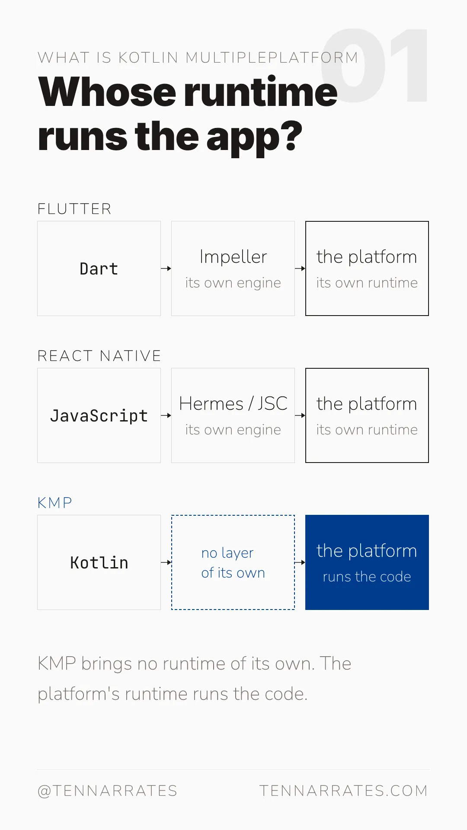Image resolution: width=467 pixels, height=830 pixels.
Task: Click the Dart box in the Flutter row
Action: pos(99,268)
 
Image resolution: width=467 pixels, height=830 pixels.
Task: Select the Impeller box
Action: pos(233,268)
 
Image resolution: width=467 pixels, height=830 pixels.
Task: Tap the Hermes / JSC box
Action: pos(233,415)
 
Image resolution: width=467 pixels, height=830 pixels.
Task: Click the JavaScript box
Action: pos(99,415)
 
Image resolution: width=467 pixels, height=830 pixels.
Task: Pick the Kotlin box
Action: pos(99,562)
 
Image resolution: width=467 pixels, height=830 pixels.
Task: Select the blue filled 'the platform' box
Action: pos(367,562)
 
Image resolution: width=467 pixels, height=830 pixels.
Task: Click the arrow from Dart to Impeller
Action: pos(166,268)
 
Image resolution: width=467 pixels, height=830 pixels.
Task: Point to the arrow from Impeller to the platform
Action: pos(300,268)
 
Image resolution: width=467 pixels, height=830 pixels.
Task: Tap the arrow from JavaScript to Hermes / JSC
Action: pos(166,415)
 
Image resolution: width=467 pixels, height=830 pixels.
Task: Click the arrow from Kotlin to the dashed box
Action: pos(166,562)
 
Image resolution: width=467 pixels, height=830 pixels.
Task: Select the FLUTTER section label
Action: pos(74,209)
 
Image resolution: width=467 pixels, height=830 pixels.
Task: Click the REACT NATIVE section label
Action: pos(99,356)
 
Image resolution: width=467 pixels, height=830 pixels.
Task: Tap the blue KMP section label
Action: pos(55,503)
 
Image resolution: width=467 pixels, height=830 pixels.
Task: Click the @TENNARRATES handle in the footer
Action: pos(108,791)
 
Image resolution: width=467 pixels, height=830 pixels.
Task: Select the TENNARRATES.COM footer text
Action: pos(344,791)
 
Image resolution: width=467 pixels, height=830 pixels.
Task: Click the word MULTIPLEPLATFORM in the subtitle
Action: pos(272,57)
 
